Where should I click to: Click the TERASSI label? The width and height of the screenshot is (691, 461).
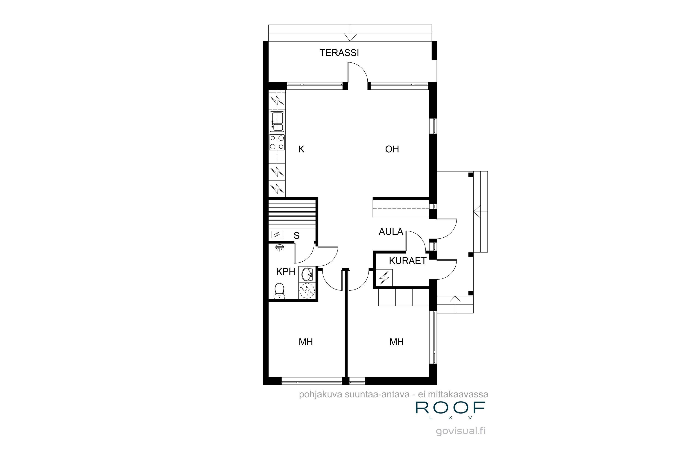(339, 53)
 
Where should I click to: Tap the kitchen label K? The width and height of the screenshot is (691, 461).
(301, 149)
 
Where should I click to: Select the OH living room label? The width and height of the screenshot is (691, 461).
(392, 149)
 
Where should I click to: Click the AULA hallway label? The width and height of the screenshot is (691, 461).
(391, 232)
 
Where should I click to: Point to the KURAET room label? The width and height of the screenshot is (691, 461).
(407, 261)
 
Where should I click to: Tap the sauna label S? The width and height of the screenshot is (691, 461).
(296, 236)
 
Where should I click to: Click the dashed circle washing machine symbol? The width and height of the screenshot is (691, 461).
(307, 291)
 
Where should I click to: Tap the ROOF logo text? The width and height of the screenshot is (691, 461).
(450, 408)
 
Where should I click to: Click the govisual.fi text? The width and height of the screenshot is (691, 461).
(460, 431)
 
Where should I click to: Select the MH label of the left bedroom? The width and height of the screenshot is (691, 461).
(306, 342)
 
